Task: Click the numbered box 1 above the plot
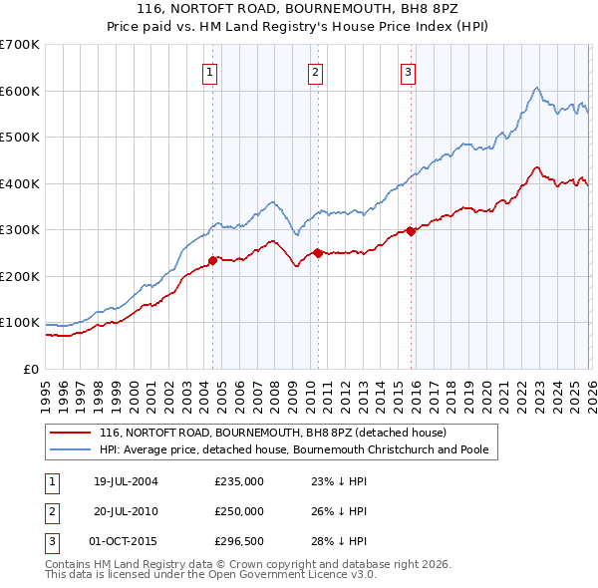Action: (211, 71)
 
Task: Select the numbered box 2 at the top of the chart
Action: (315, 71)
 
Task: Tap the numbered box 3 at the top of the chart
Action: (409, 71)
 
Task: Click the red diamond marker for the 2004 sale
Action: (212, 260)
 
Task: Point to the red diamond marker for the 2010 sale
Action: (317, 253)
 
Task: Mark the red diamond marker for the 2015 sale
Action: (411, 231)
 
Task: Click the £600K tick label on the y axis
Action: (20, 91)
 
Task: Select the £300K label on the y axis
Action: (20, 230)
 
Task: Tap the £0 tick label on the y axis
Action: (31, 370)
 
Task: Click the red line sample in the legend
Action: (71, 433)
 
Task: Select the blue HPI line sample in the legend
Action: (71, 449)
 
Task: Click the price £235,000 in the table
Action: (239, 481)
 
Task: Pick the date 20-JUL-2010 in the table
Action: (126, 511)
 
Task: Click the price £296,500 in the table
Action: (239, 541)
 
